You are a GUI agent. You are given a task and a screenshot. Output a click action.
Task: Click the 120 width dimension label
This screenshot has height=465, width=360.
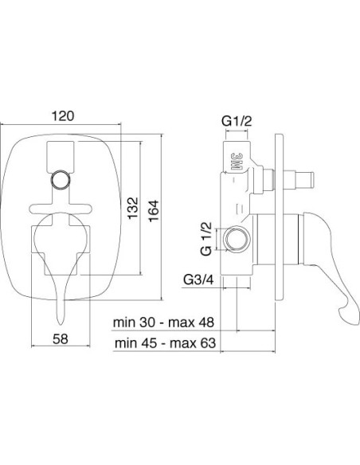click(x=63, y=115)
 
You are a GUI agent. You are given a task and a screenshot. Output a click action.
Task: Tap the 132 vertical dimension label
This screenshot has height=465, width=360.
click(x=133, y=208)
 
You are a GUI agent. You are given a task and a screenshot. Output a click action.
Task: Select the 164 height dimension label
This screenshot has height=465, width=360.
click(x=153, y=211)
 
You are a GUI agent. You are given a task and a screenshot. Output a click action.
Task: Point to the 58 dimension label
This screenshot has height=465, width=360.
click(x=61, y=338)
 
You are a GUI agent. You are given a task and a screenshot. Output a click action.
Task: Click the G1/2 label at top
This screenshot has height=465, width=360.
click(x=237, y=121)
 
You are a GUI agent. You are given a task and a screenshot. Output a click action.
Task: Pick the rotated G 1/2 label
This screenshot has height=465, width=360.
click(x=206, y=239)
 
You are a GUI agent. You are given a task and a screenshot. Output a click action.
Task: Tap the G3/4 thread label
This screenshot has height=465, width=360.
click(x=198, y=279)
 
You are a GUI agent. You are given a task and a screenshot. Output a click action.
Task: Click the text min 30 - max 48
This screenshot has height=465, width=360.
click(x=163, y=322)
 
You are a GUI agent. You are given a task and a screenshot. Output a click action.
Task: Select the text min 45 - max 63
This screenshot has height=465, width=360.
click(x=165, y=343)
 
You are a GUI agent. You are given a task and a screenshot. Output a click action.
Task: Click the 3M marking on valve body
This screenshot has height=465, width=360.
click(x=236, y=162)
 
